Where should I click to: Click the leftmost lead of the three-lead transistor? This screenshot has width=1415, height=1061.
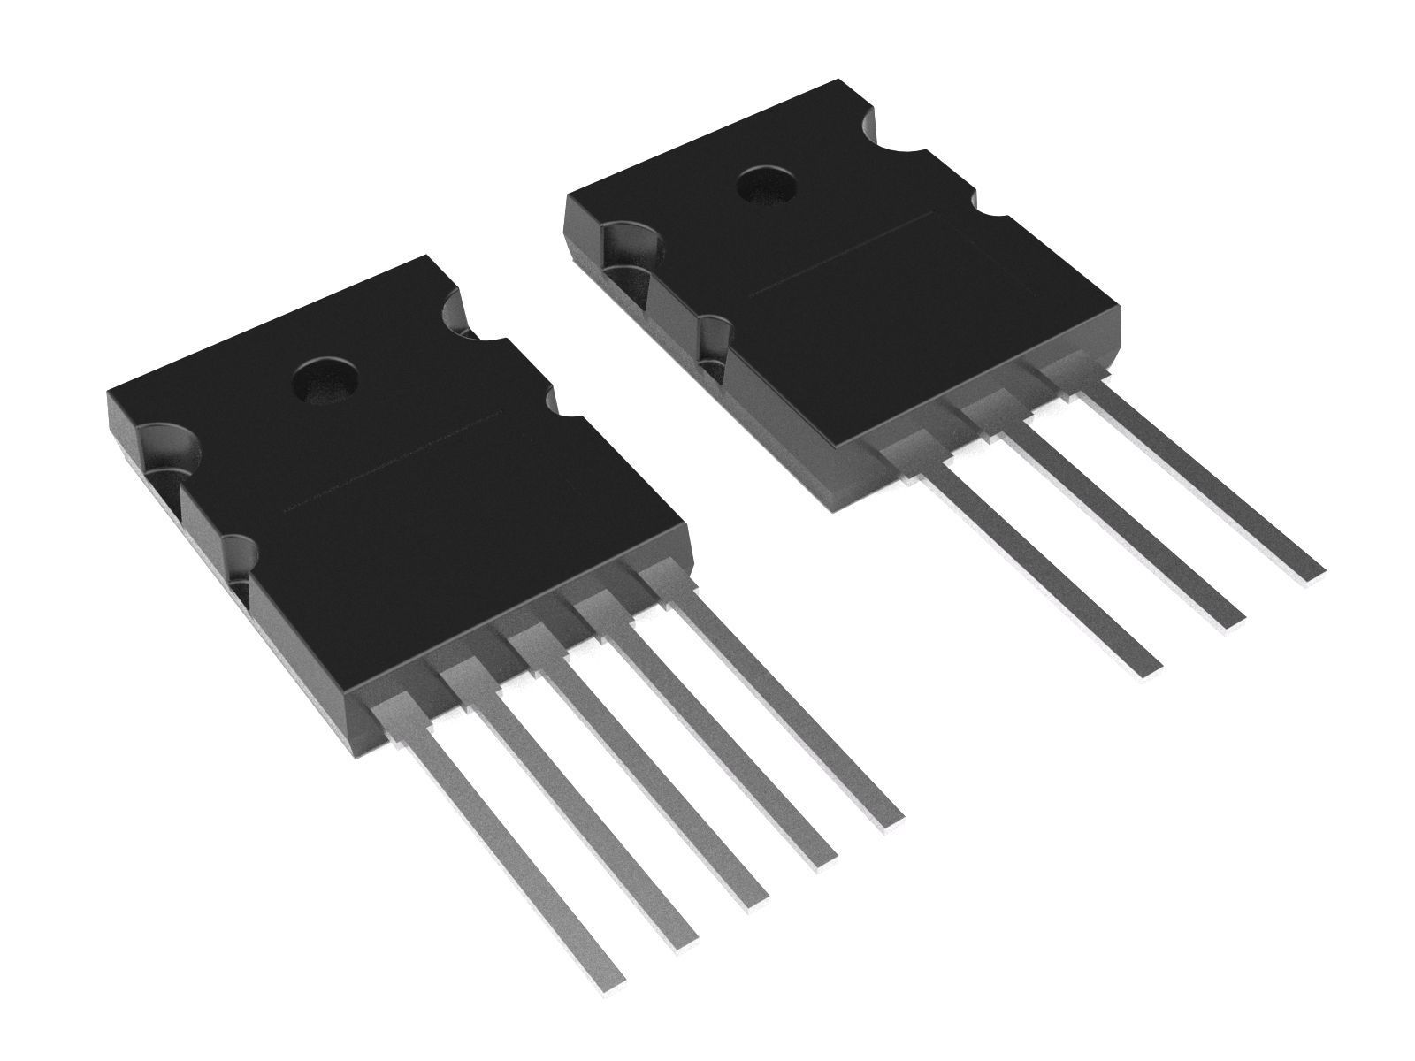1044,566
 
